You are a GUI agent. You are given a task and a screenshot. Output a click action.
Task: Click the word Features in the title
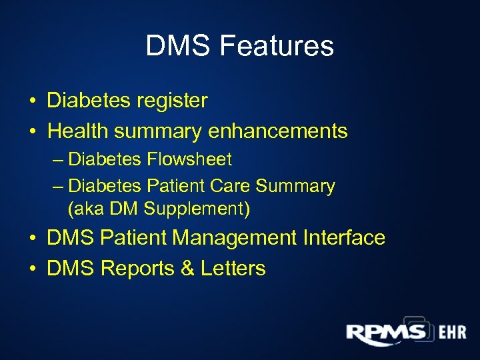coord(276,46)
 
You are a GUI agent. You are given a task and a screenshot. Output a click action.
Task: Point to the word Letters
coord(232,269)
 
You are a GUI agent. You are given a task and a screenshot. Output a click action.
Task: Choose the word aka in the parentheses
coord(85,209)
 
